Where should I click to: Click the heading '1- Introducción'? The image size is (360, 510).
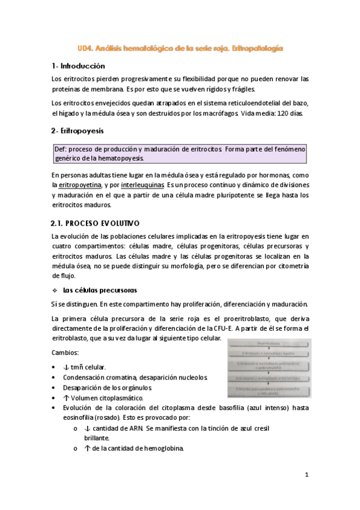click(x=78, y=66)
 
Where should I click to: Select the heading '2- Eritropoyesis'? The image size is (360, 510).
click(x=78, y=130)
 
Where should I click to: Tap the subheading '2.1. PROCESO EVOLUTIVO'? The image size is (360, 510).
click(x=96, y=223)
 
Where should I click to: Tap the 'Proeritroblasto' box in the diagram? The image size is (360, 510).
click(x=269, y=343)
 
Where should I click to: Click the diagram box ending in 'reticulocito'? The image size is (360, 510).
click(x=269, y=392)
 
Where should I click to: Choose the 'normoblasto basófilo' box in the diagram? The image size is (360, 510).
click(x=269, y=354)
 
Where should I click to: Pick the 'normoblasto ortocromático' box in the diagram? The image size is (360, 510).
click(x=269, y=378)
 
